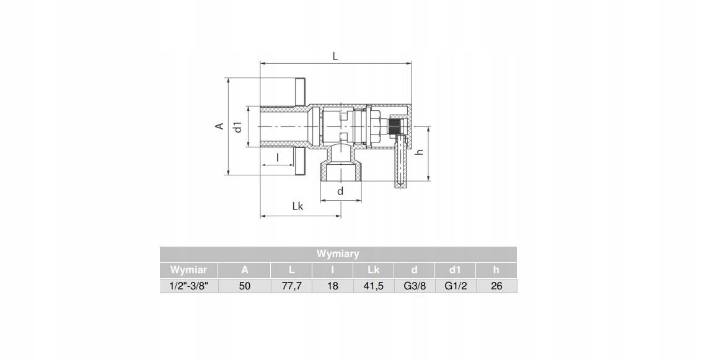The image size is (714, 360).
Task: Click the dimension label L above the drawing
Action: coord(335,56)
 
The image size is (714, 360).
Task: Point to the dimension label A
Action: coord(220,126)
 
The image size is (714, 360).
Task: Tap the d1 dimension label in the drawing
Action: coord(237,127)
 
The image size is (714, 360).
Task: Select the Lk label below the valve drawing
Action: coord(297,206)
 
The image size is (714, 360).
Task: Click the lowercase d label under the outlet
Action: coord(340,191)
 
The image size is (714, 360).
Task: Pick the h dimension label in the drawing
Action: coord(420,152)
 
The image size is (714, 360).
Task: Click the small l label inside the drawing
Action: coord(278,158)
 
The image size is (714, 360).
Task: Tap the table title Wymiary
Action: coord(338,253)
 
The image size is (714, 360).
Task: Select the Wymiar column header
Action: coord(188,270)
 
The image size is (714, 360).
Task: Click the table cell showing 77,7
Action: coord(291,286)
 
